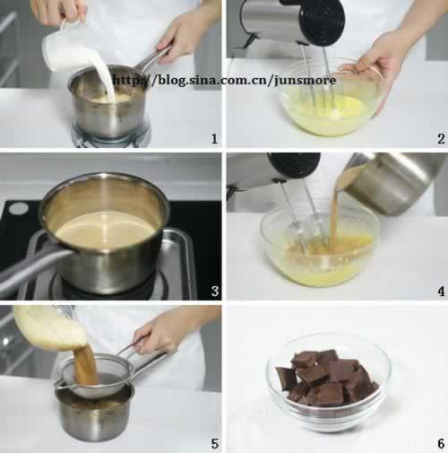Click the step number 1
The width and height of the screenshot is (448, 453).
point(213,138)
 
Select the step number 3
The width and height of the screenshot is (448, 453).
point(213,290)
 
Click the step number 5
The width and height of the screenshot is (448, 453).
point(213,441)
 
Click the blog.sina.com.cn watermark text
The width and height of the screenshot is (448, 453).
point(224,81)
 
